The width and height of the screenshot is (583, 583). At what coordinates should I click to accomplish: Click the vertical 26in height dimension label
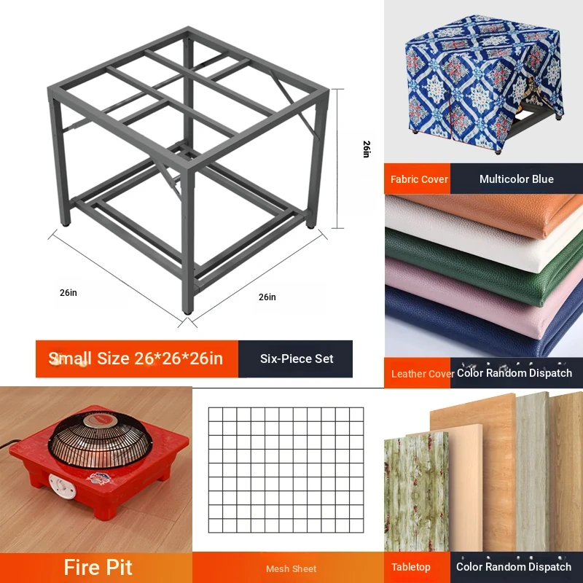tap(367, 149)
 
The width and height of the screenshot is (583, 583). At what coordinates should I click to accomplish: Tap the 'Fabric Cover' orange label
tap(417, 179)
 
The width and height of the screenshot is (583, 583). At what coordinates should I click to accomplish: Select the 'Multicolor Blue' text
tap(517, 179)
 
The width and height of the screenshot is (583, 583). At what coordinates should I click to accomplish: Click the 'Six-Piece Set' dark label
tap(296, 359)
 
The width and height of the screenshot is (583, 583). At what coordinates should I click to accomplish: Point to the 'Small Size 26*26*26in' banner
tap(137, 359)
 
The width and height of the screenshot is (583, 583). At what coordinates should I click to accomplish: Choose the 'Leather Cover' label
tap(423, 373)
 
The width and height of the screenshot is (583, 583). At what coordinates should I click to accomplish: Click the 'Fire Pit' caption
tap(98, 568)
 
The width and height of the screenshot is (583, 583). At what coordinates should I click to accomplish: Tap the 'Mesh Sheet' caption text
tap(291, 569)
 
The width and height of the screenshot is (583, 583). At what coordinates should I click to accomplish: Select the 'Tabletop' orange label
tap(410, 567)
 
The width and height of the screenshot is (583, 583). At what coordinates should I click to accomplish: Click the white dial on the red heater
tap(62, 487)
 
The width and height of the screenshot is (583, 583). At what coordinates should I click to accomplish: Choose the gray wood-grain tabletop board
tap(533, 472)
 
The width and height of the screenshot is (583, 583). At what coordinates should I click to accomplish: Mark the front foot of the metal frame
tap(188, 310)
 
